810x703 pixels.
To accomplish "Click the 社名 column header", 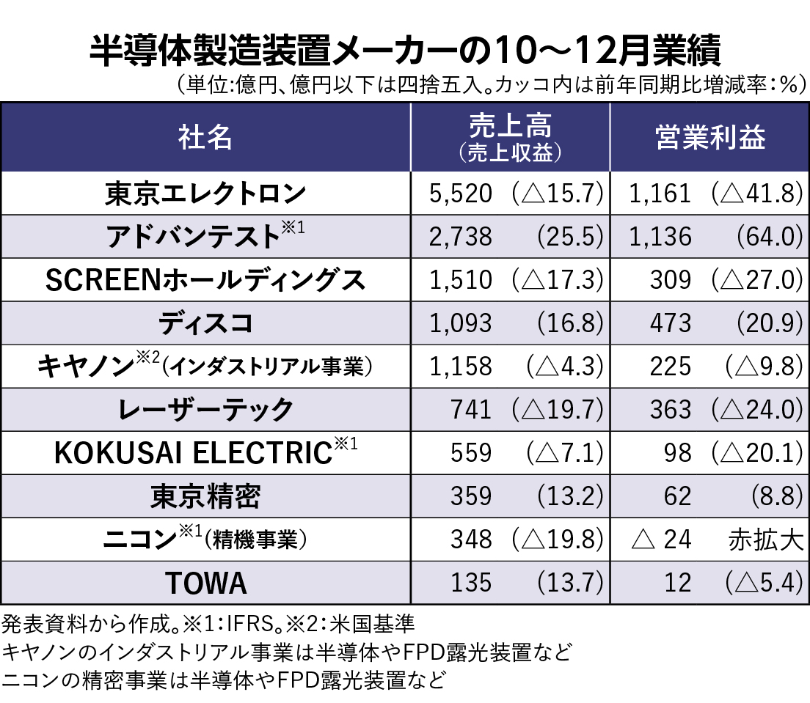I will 205,137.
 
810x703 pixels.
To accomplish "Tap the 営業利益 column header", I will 709,137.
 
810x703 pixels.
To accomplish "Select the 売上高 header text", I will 509,128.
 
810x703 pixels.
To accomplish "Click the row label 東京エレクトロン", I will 205,194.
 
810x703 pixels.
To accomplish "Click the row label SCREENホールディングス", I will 205,280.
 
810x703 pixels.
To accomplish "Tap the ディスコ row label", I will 205,323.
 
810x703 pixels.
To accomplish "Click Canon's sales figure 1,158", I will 460,367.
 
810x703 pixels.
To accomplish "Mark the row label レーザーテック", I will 205,410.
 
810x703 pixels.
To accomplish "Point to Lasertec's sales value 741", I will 471,410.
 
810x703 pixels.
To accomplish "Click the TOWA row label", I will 205,584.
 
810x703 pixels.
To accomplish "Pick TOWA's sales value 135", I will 471,584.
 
